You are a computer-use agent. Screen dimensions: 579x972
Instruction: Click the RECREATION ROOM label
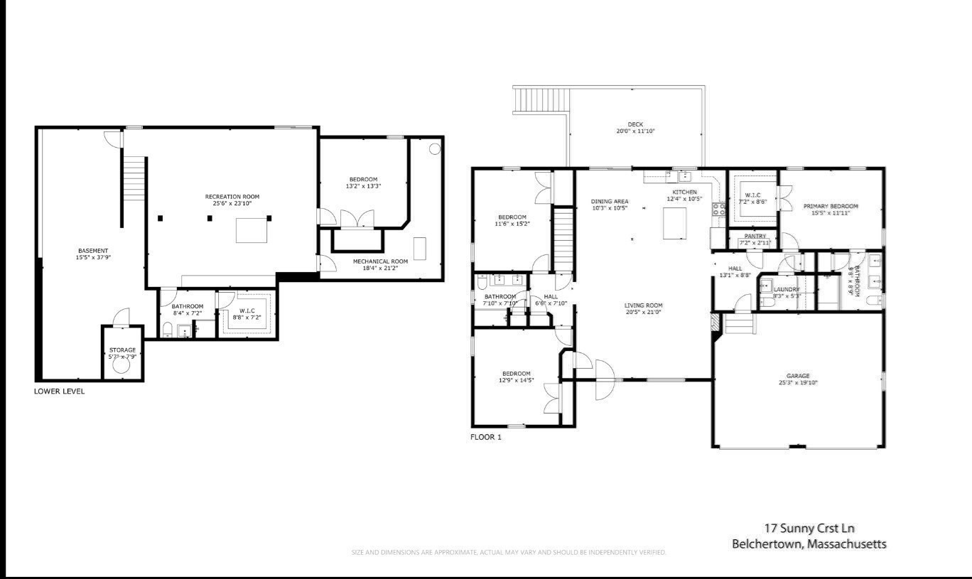[x=232, y=196]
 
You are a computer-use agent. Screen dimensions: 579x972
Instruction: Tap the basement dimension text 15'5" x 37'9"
[x=93, y=257]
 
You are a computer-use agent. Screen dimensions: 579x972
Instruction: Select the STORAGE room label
[x=122, y=350]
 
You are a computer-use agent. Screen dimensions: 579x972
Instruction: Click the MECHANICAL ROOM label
[x=380, y=261]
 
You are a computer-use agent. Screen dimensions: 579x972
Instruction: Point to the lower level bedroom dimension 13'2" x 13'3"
[x=363, y=186]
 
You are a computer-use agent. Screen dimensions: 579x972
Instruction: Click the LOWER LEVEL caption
[x=59, y=391]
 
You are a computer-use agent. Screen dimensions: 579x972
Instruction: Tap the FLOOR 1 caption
[x=486, y=437]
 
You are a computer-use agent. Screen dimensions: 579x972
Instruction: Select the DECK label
[x=635, y=124]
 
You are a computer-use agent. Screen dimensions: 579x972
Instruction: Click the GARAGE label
[x=798, y=376]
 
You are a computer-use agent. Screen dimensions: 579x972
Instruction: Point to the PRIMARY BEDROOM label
[x=831, y=206]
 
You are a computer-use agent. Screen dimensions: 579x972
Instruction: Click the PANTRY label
[x=755, y=236]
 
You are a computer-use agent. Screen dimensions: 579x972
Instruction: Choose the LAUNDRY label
[x=787, y=289]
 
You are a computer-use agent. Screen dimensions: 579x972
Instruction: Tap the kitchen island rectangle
[x=677, y=224]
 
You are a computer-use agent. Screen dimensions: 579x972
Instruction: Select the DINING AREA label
[x=610, y=201]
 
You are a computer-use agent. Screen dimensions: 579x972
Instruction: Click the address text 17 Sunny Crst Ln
[x=809, y=528]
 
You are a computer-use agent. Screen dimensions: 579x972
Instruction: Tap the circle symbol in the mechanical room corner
[x=435, y=149]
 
